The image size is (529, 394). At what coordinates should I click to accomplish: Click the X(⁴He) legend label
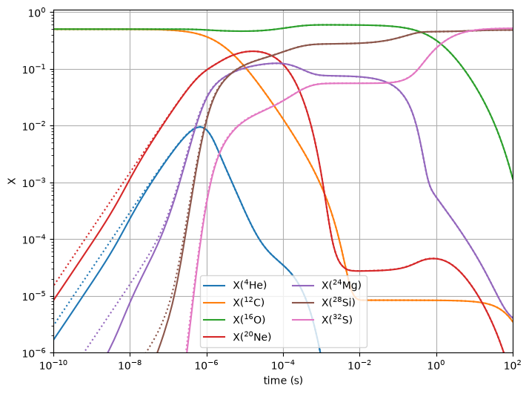tap(250, 285)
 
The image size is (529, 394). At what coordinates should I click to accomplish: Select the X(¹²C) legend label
tap(249, 302)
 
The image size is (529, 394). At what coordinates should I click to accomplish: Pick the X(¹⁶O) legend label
tap(249, 319)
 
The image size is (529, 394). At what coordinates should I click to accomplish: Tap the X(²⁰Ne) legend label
tap(252, 337)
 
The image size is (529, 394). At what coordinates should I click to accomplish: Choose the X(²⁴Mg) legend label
tap(342, 285)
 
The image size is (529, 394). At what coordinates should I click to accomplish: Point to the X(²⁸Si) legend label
tap(339, 302)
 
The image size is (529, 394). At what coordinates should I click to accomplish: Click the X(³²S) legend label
tap(336, 319)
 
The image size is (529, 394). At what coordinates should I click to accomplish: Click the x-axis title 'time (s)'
tap(283, 381)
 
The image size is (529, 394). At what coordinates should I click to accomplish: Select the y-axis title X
tap(12, 181)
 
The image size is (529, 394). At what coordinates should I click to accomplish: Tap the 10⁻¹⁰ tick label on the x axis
tap(53, 365)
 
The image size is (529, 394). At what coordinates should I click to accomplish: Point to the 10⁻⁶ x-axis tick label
tap(207, 365)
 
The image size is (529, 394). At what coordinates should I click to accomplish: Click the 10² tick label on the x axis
tap(513, 365)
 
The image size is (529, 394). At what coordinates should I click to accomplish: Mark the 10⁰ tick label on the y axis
tap(36, 13)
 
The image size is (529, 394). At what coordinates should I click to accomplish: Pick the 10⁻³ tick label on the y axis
tap(34, 183)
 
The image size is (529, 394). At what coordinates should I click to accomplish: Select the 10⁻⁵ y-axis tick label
tap(34, 297)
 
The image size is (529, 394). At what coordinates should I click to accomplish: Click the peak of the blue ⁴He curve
tap(200, 127)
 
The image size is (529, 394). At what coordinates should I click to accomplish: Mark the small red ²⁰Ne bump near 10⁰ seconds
tap(433, 258)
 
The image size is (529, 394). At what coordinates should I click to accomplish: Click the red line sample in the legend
tap(214, 337)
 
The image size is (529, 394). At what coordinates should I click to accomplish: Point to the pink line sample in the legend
tap(302, 320)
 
